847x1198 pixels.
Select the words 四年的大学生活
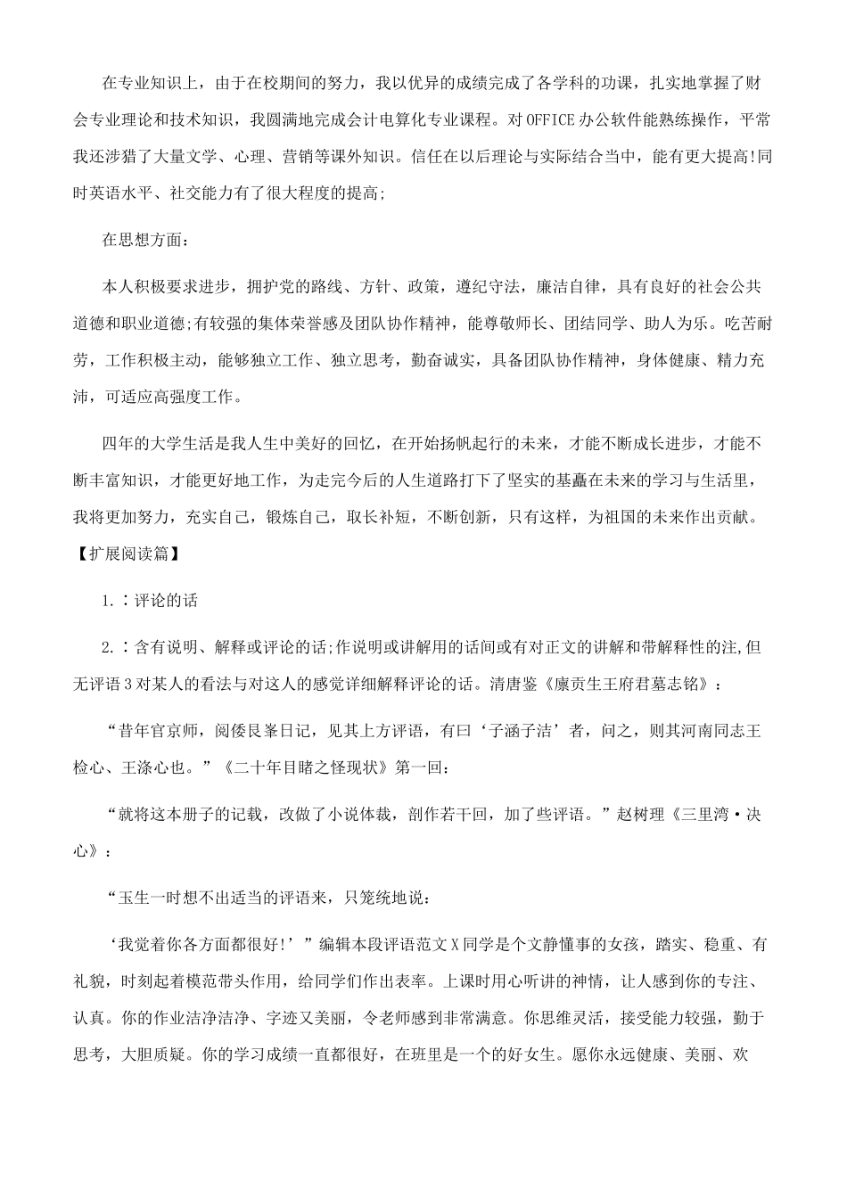click(x=158, y=444)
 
